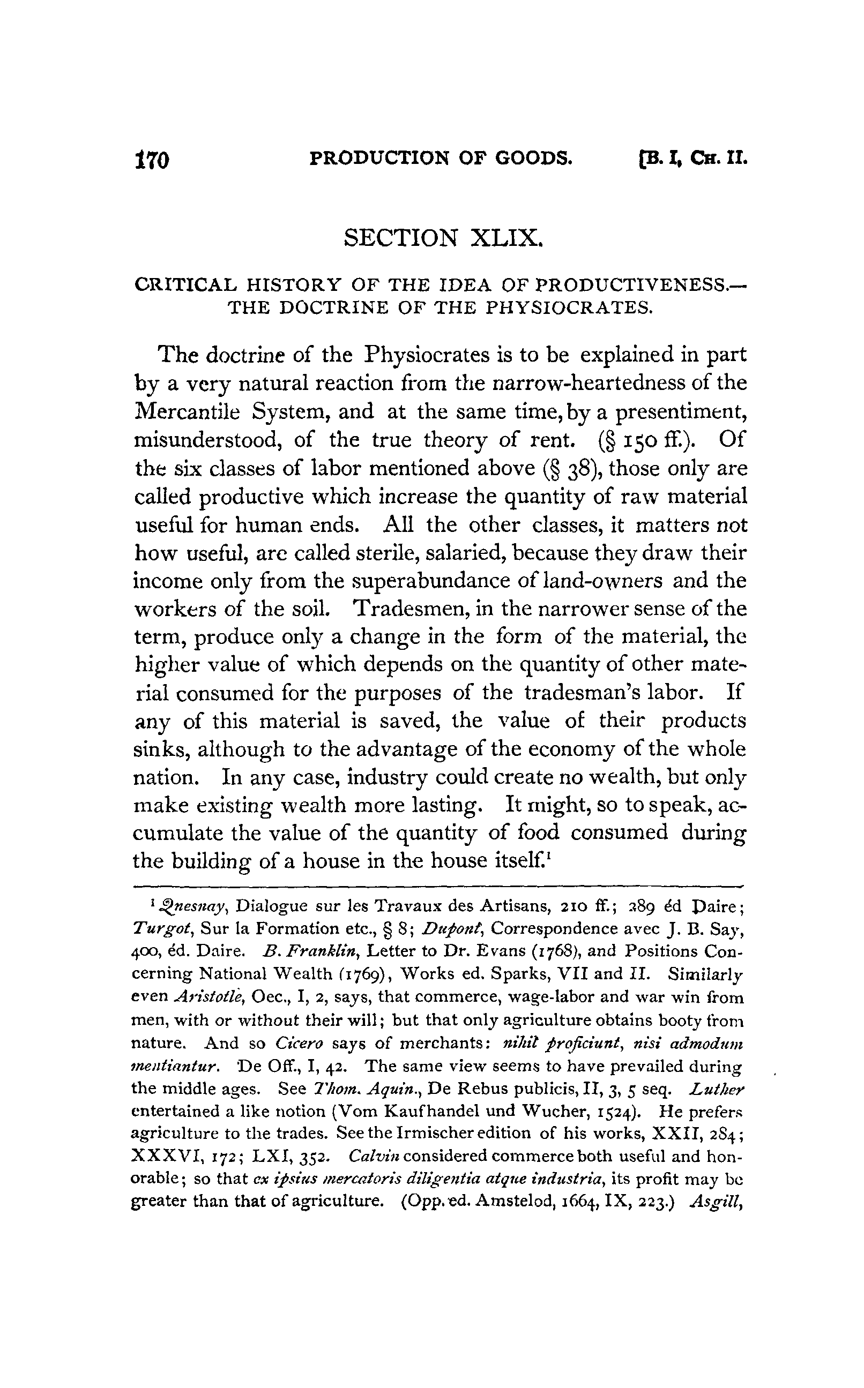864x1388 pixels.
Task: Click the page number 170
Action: tap(153, 160)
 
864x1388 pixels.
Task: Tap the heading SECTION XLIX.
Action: tap(442, 237)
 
